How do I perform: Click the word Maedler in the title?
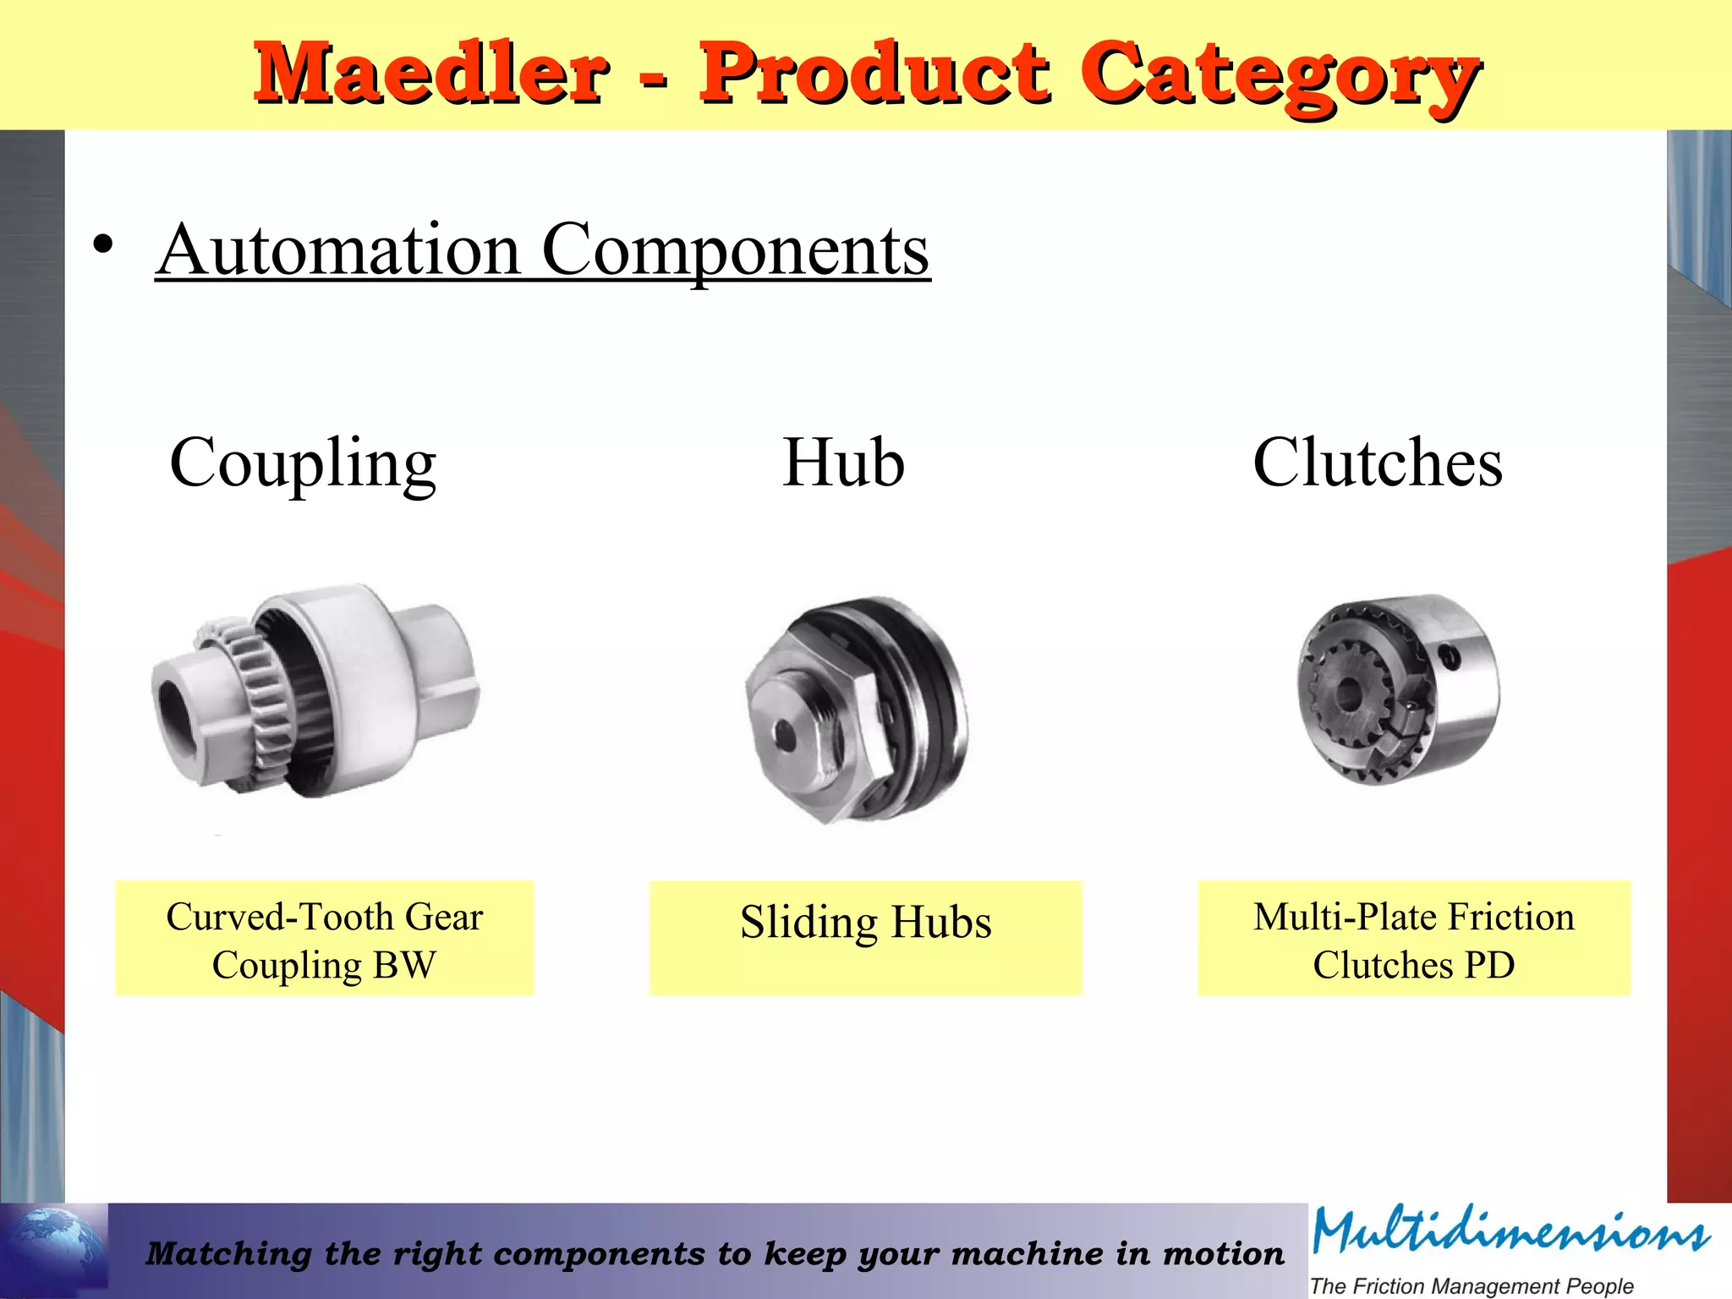click(x=431, y=74)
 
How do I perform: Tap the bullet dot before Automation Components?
click(x=103, y=246)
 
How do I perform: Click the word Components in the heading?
click(x=735, y=251)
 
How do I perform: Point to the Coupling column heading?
click(x=303, y=463)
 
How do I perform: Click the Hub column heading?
click(x=843, y=463)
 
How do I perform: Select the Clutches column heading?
click(x=1378, y=463)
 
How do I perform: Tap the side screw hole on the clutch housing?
click(x=1450, y=655)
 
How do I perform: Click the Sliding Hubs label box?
click(x=865, y=937)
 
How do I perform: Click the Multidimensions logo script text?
click(x=1510, y=1232)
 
